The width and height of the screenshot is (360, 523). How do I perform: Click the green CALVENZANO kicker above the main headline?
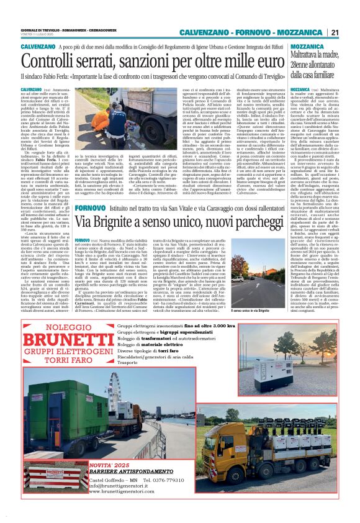point(38,47)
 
